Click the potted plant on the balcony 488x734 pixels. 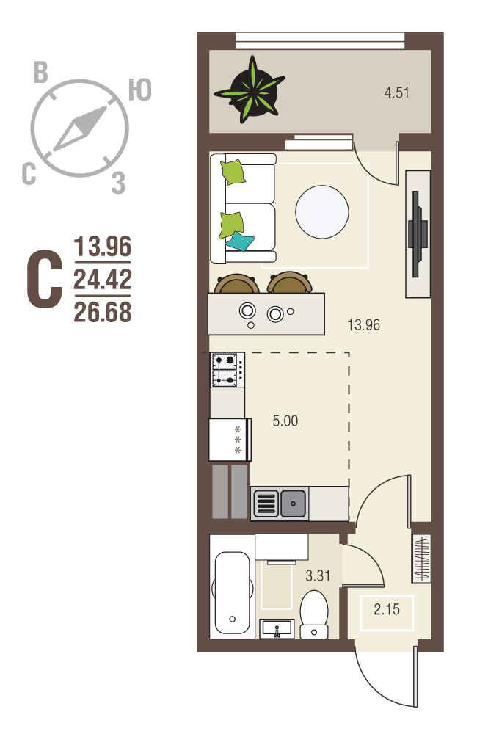click(251, 90)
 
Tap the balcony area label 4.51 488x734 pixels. click(397, 92)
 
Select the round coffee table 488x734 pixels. click(322, 211)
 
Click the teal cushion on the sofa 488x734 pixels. click(239, 241)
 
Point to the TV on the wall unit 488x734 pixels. click(418, 233)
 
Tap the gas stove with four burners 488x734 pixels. click(227, 370)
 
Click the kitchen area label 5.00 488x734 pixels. click(285, 421)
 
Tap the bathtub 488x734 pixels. click(232, 592)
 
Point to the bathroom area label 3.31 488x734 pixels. click(318, 575)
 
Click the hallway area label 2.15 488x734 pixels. click(387, 609)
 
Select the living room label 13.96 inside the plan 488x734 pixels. click(363, 324)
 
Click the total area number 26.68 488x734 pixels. click(103, 312)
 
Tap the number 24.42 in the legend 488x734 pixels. click(103, 279)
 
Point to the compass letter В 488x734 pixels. click(41, 73)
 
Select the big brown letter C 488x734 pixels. click(44, 280)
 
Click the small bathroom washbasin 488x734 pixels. click(277, 629)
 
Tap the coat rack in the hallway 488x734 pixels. click(420, 559)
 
